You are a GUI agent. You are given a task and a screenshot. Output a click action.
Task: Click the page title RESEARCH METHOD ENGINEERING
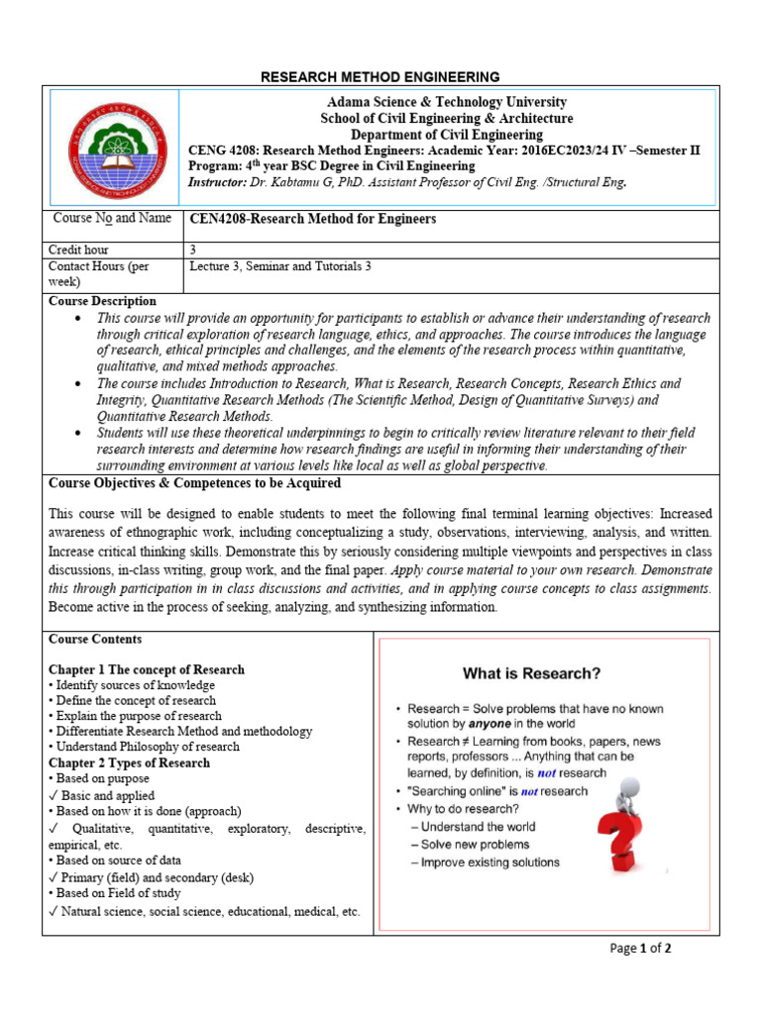(380, 77)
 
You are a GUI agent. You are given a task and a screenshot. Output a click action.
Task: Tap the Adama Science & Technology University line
(447, 102)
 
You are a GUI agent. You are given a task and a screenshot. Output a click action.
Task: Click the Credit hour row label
(78, 251)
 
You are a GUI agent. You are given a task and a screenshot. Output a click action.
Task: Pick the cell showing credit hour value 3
(192, 251)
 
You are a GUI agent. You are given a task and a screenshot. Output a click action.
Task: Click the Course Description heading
(102, 301)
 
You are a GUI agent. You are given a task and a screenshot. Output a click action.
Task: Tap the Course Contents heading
(95, 640)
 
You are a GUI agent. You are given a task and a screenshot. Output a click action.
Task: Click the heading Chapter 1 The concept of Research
(146, 669)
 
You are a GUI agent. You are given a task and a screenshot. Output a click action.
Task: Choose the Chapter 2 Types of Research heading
(129, 762)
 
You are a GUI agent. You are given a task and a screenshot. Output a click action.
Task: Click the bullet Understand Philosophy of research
(144, 747)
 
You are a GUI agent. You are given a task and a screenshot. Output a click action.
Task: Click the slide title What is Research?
(531, 673)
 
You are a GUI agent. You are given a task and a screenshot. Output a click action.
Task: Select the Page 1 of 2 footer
(641, 948)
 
